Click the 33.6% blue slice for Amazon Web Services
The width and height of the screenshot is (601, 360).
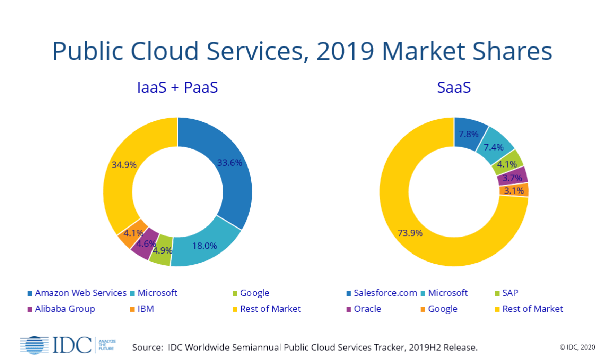pos(233,173)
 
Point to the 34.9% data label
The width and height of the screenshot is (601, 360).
pos(124,165)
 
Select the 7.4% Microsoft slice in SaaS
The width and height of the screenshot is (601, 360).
pos(494,147)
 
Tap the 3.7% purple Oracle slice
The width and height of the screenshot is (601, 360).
pos(512,178)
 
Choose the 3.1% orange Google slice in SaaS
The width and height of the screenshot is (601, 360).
pos(514,190)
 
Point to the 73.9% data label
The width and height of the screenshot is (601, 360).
pos(410,233)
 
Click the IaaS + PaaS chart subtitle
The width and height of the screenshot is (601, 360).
pos(177,87)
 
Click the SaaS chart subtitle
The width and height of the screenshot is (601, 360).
pos(454,87)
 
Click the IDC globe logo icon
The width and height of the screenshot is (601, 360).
pos(34,345)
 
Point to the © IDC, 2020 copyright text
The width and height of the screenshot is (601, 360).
pos(577,347)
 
